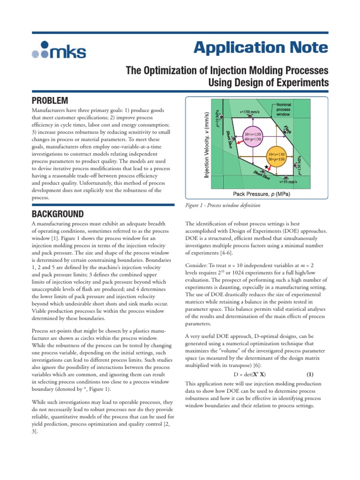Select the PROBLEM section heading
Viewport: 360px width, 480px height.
point(50,100)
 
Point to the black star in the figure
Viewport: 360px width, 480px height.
point(266,167)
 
